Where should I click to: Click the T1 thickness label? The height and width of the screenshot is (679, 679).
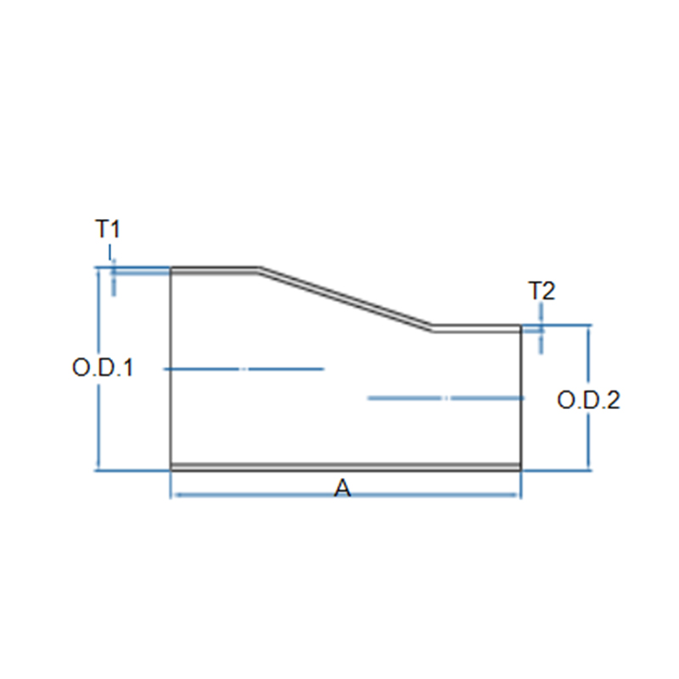tap(107, 228)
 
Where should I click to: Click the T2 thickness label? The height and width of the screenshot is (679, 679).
tap(542, 290)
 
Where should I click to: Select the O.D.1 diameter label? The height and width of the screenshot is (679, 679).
tap(103, 368)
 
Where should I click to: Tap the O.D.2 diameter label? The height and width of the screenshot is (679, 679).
tap(588, 400)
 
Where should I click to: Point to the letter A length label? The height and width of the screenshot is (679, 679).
tap(343, 488)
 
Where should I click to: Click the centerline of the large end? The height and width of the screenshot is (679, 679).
tap(244, 369)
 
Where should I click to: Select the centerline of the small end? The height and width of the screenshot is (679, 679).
tap(446, 398)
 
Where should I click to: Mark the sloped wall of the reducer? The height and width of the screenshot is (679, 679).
tap(346, 299)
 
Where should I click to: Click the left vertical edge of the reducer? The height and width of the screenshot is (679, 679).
tap(171, 369)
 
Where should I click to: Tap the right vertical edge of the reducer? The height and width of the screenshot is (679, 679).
tap(520, 397)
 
